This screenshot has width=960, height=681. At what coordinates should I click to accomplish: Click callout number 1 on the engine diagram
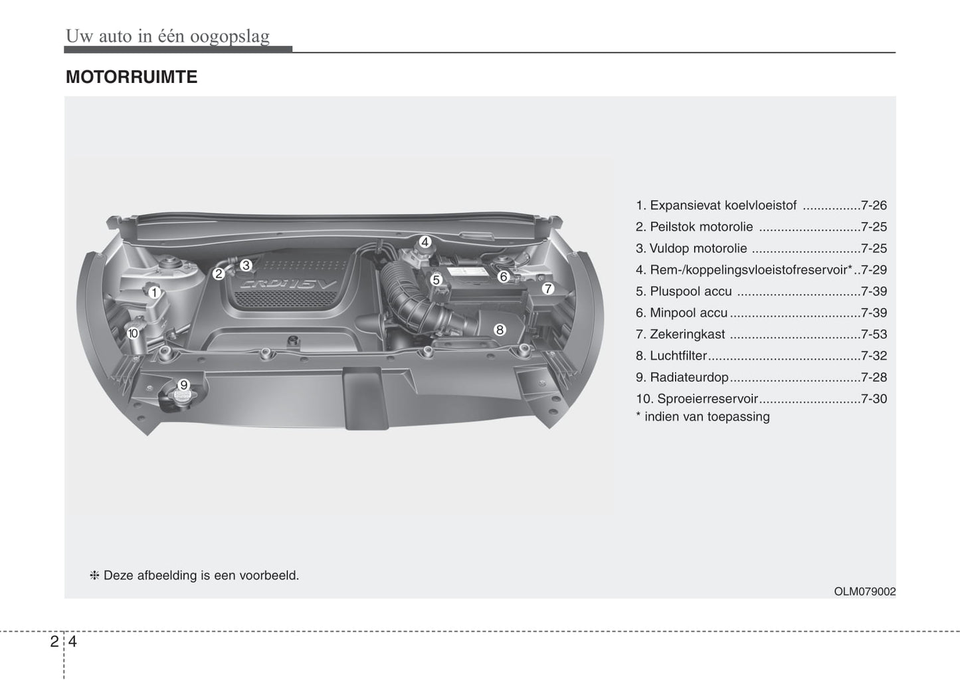coord(153,292)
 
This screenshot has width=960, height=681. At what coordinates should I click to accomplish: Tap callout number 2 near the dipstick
coord(218,273)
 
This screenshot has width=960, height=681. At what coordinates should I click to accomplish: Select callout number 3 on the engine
coord(245,265)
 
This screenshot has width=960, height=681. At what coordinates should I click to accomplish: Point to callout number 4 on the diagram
coord(425,242)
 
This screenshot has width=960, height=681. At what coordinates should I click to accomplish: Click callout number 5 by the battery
coord(436,280)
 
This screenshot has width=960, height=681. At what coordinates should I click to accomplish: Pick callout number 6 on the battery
coord(503,276)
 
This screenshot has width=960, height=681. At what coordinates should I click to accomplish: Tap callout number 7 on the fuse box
coord(547,289)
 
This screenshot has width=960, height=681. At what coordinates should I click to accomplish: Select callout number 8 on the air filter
coord(500,329)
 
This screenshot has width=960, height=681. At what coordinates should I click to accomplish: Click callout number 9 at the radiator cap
coord(184,384)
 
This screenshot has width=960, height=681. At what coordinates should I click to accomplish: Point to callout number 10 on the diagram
coord(133,333)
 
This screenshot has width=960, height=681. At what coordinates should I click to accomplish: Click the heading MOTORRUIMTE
coord(132,77)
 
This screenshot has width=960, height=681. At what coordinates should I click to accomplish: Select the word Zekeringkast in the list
coord(687,335)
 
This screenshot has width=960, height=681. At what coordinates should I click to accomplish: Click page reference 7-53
coord(874,335)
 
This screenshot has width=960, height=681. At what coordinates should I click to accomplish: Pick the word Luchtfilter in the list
coord(678,356)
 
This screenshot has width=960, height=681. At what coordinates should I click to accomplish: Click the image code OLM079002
coord(865,591)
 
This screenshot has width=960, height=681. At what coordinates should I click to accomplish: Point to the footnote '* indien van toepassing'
coord(703,417)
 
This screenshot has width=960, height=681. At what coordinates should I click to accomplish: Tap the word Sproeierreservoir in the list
coord(707,399)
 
